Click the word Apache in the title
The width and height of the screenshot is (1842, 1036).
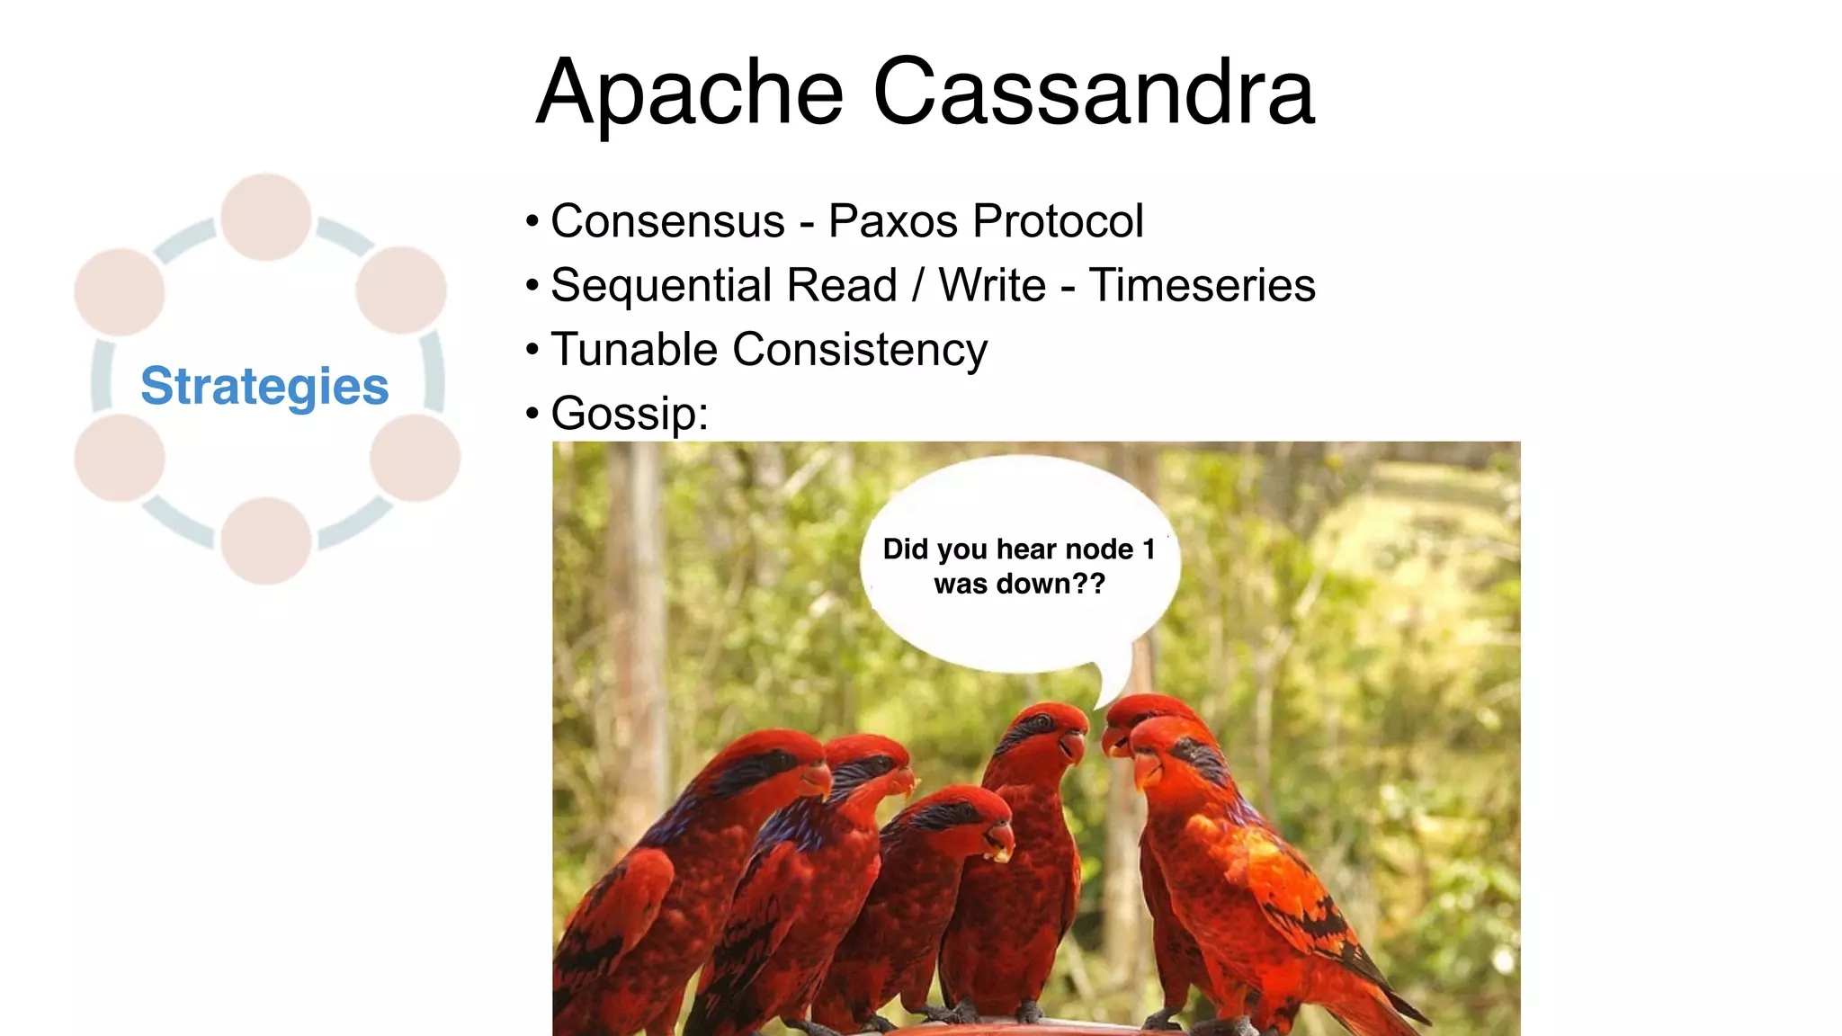[689, 93]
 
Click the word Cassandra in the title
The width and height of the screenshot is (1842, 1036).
[1094, 93]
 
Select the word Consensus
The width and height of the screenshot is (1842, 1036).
[667, 221]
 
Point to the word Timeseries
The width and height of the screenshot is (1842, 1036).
[1202, 285]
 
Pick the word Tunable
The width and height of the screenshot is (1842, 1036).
[634, 349]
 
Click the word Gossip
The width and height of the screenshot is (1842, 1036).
[628, 414]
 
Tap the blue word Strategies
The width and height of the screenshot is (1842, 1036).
[264, 386]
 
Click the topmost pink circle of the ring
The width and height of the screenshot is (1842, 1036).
[266, 217]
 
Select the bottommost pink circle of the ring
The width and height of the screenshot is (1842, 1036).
[266, 540]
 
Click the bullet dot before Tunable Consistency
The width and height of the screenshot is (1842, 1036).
[532, 349]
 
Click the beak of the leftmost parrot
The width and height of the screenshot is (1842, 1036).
[818, 779]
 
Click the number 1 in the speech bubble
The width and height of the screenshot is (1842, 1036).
[1149, 549]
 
